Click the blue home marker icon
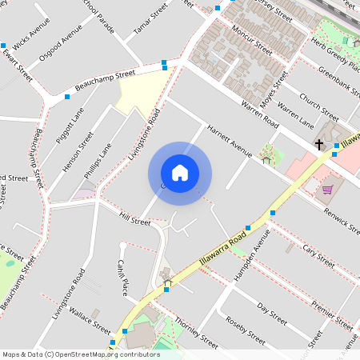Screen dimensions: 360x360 point(180,172)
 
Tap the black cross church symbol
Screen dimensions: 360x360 point(319,145)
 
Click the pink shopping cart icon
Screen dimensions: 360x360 point(327,190)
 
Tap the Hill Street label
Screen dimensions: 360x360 point(135,218)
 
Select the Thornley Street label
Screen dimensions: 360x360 point(196,330)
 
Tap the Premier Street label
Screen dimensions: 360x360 point(332,316)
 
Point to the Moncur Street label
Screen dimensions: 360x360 point(250,40)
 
